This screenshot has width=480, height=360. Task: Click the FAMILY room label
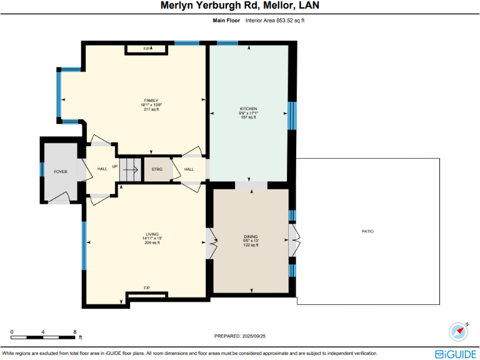pyautogui.click(x=151, y=100)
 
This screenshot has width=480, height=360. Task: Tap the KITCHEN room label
pyautogui.click(x=248, y=109)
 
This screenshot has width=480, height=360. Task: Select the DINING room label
pyautogui.click(x=251, y=237)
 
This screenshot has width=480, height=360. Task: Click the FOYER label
pyautogui.click(x=60, y=171)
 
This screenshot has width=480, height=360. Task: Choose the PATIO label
pyautogui.click(x=367, y=231)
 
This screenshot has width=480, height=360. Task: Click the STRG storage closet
pyautogui.click(x=157, y=169)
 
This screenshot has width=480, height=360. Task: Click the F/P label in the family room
pyautogui.click(x=147, y=48)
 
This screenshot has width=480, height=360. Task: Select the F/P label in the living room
pyautogui.click(x=147, y=287)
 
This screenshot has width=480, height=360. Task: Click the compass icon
pyautogui.click(x=458, y=331)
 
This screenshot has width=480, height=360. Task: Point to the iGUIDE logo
pyautogui.click(x=456, y=354)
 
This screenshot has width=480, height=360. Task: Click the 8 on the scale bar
pyautogui.click(x=75, y=331)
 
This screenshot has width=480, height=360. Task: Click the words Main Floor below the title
pyautogui.click(x=226, y=21)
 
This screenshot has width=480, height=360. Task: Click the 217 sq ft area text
pyautogui.click(x=151, y=109)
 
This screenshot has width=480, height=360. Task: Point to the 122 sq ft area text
pyautogui.click(x=251, y=246)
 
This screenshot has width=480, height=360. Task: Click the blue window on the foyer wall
pyautogui.click(x=42, y=169)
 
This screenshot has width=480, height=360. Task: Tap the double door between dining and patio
pyautogui.click(x=294, y=238)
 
